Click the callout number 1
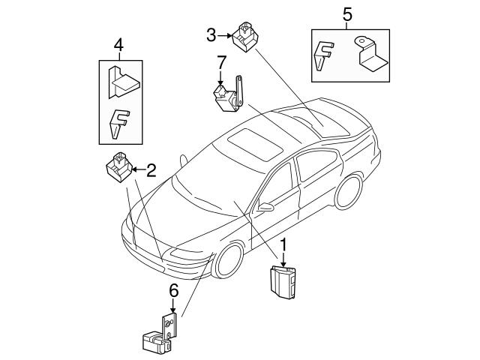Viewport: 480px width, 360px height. pyautogui.click(x=284, y=245)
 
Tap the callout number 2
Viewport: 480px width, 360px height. pyautogui.click(x=151, y=170)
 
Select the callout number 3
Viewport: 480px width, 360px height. pyautogui.click(x=212, y=34)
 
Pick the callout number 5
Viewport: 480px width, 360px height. pyautogui.click(x=346, y=13)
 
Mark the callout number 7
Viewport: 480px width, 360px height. pyautogui.click(x=220, y=61)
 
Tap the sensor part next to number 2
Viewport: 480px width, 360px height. pyautogui.click(x=118, y=168)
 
